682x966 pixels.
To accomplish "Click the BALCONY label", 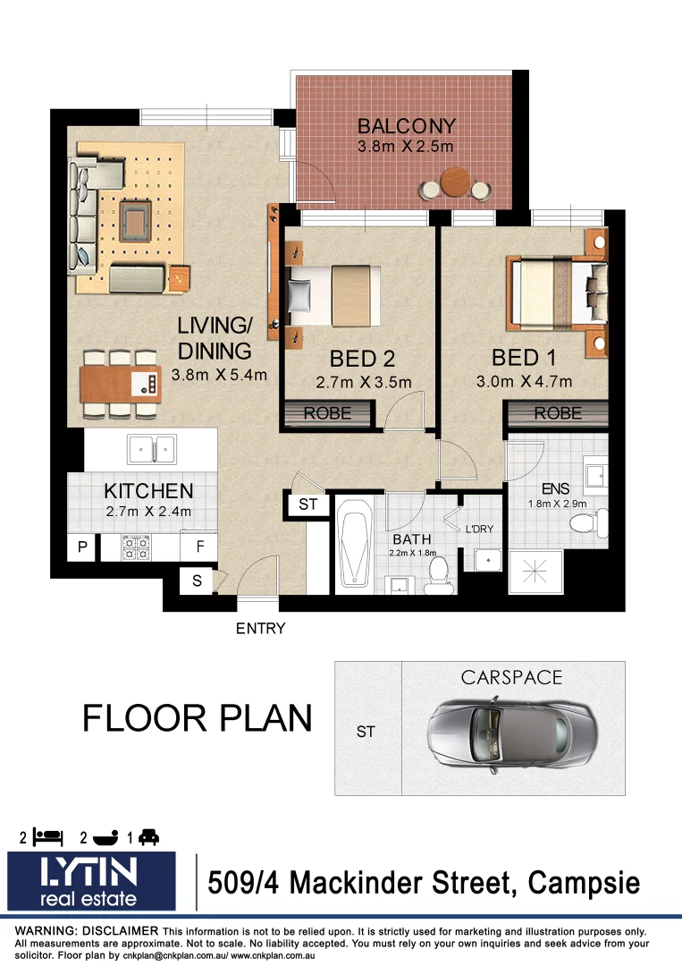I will (x=407, y=126).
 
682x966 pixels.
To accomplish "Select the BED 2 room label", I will (x=362, y=360).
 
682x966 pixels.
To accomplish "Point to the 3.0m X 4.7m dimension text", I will (x=524, y=382).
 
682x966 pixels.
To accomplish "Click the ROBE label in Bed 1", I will (x=559, y=413).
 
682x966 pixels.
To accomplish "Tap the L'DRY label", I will (x=479, y=529).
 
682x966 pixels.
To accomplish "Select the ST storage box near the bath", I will (x=308, y=504).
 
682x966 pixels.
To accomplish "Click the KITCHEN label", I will (x=148, y=491).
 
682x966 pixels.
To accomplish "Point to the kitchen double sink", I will (x=152, y=446).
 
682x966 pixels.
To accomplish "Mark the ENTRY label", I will (x=260, y=629).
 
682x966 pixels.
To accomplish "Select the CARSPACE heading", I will (x=512, y=678).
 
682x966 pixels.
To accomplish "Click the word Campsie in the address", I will (x=585, y=884).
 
